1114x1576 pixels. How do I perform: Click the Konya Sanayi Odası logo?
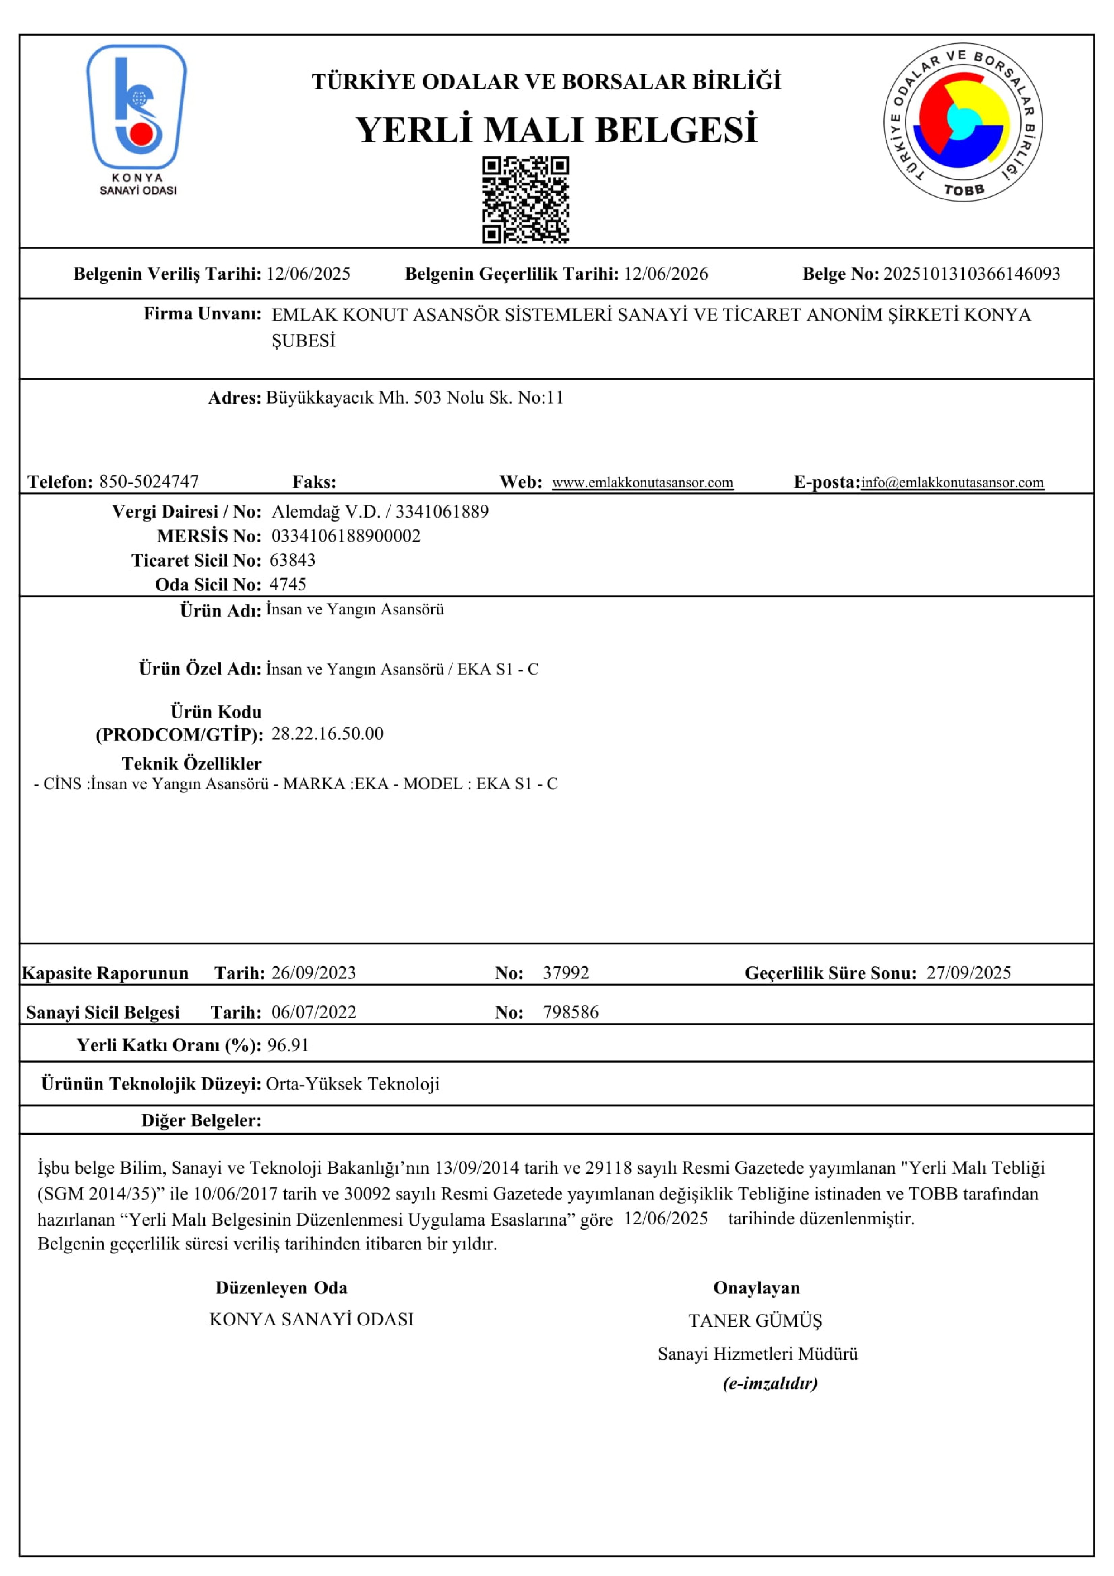(x=137, y=117)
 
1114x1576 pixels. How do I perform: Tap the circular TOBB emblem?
(x=963, y=124)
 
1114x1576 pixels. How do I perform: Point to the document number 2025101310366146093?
(x=971, y=274)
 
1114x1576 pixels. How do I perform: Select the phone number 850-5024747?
(x=149, y=482)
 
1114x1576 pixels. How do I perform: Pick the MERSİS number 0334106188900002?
(x=346, y=536)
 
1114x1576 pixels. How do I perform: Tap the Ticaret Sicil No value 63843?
(x=292, y=560)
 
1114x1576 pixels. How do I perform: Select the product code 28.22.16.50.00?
(x=328, y=734)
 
